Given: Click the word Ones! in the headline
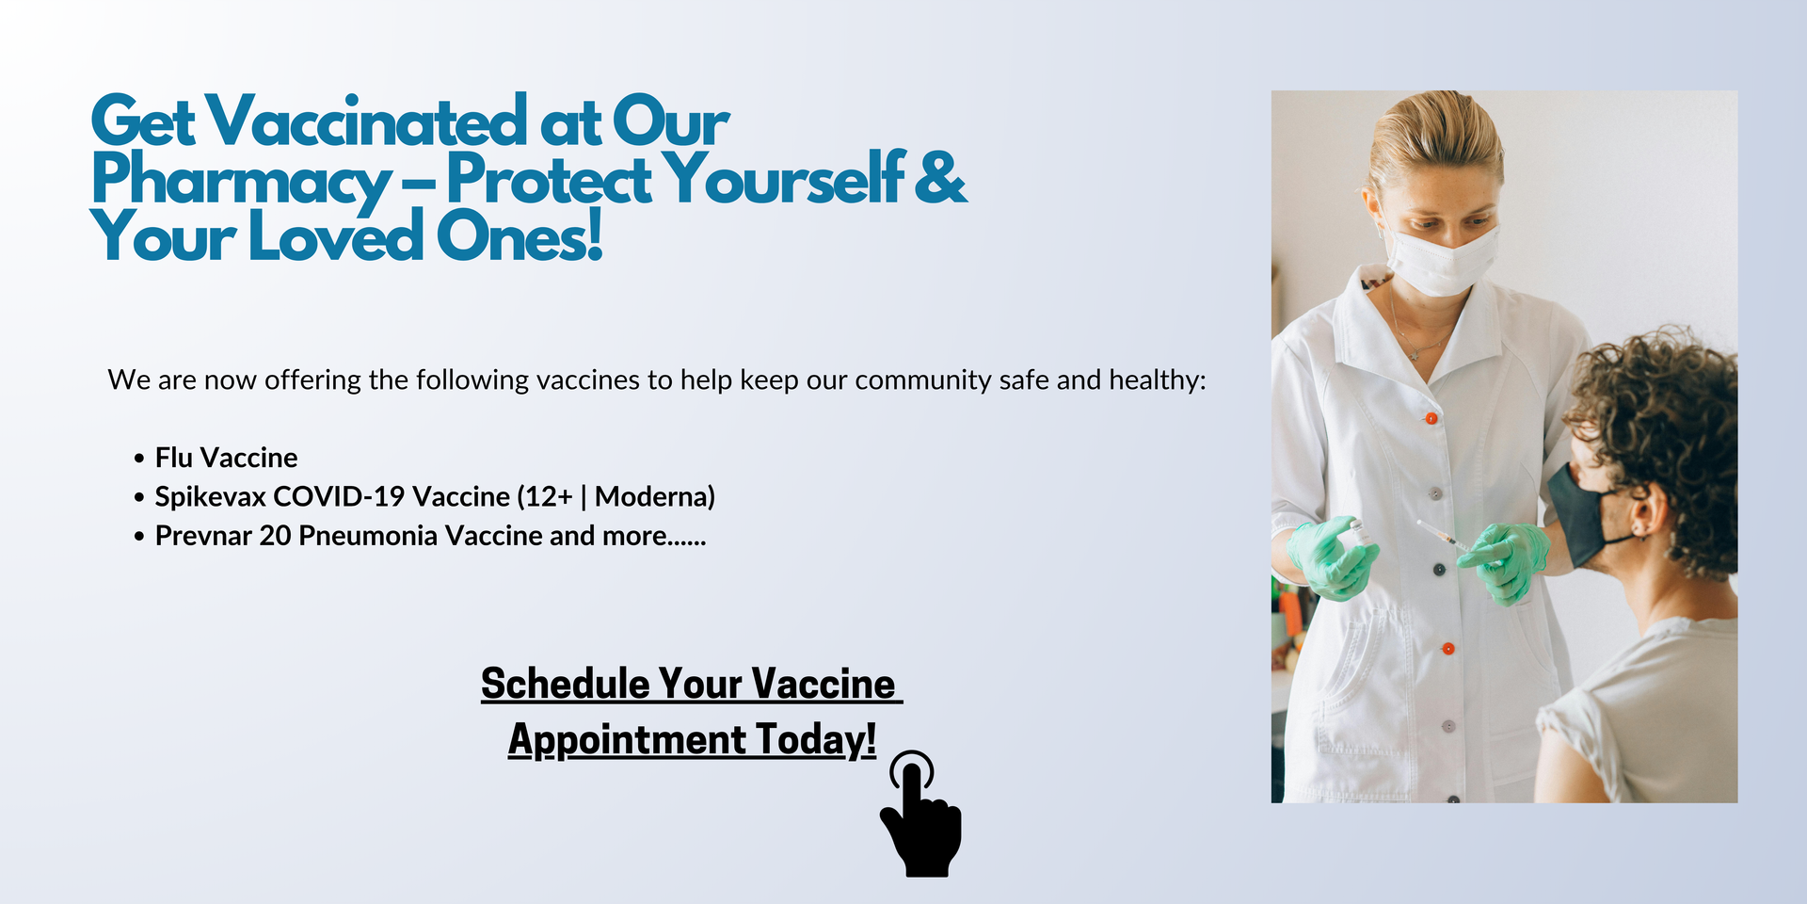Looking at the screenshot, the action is pos(520,235).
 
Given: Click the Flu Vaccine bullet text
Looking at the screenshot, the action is pos(226,458).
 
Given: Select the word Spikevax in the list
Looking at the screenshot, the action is pos(210,497).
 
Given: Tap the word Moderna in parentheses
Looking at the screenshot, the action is pos(650,496).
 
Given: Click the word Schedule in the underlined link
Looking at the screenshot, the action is pos(566,684).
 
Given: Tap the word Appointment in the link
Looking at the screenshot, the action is pos(627,740).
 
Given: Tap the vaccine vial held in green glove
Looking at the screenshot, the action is pos(1355,529).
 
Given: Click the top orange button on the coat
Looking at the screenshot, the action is pos(1431,418).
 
